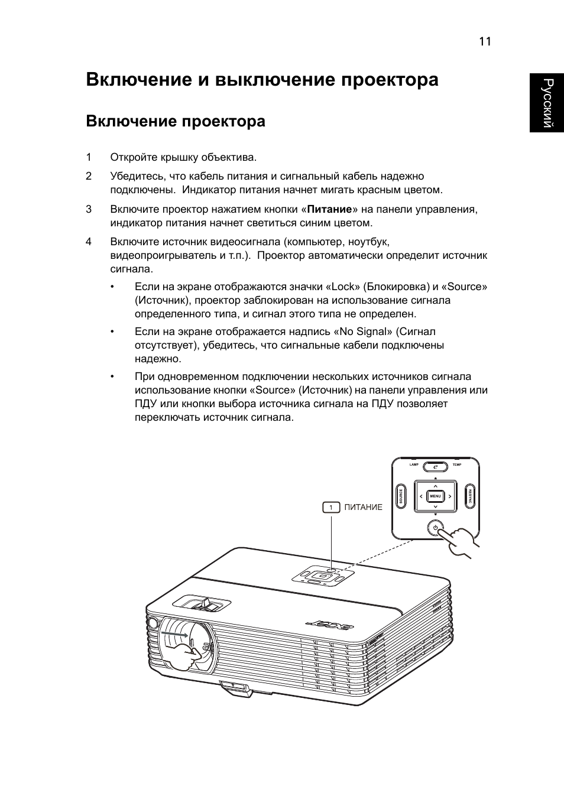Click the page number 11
[485, 41]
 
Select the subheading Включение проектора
[176, 122]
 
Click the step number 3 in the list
[89, 209]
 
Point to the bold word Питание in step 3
[329, 209]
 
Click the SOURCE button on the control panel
[401, 496]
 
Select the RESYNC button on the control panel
[470, 496]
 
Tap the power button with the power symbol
[435, 528]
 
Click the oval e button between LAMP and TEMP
[435, 466]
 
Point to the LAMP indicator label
[414, 465]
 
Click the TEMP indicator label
[456, 465]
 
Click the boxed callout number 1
[331, 507]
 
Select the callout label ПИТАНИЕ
[363, 507]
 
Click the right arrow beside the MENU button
[450, 496]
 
